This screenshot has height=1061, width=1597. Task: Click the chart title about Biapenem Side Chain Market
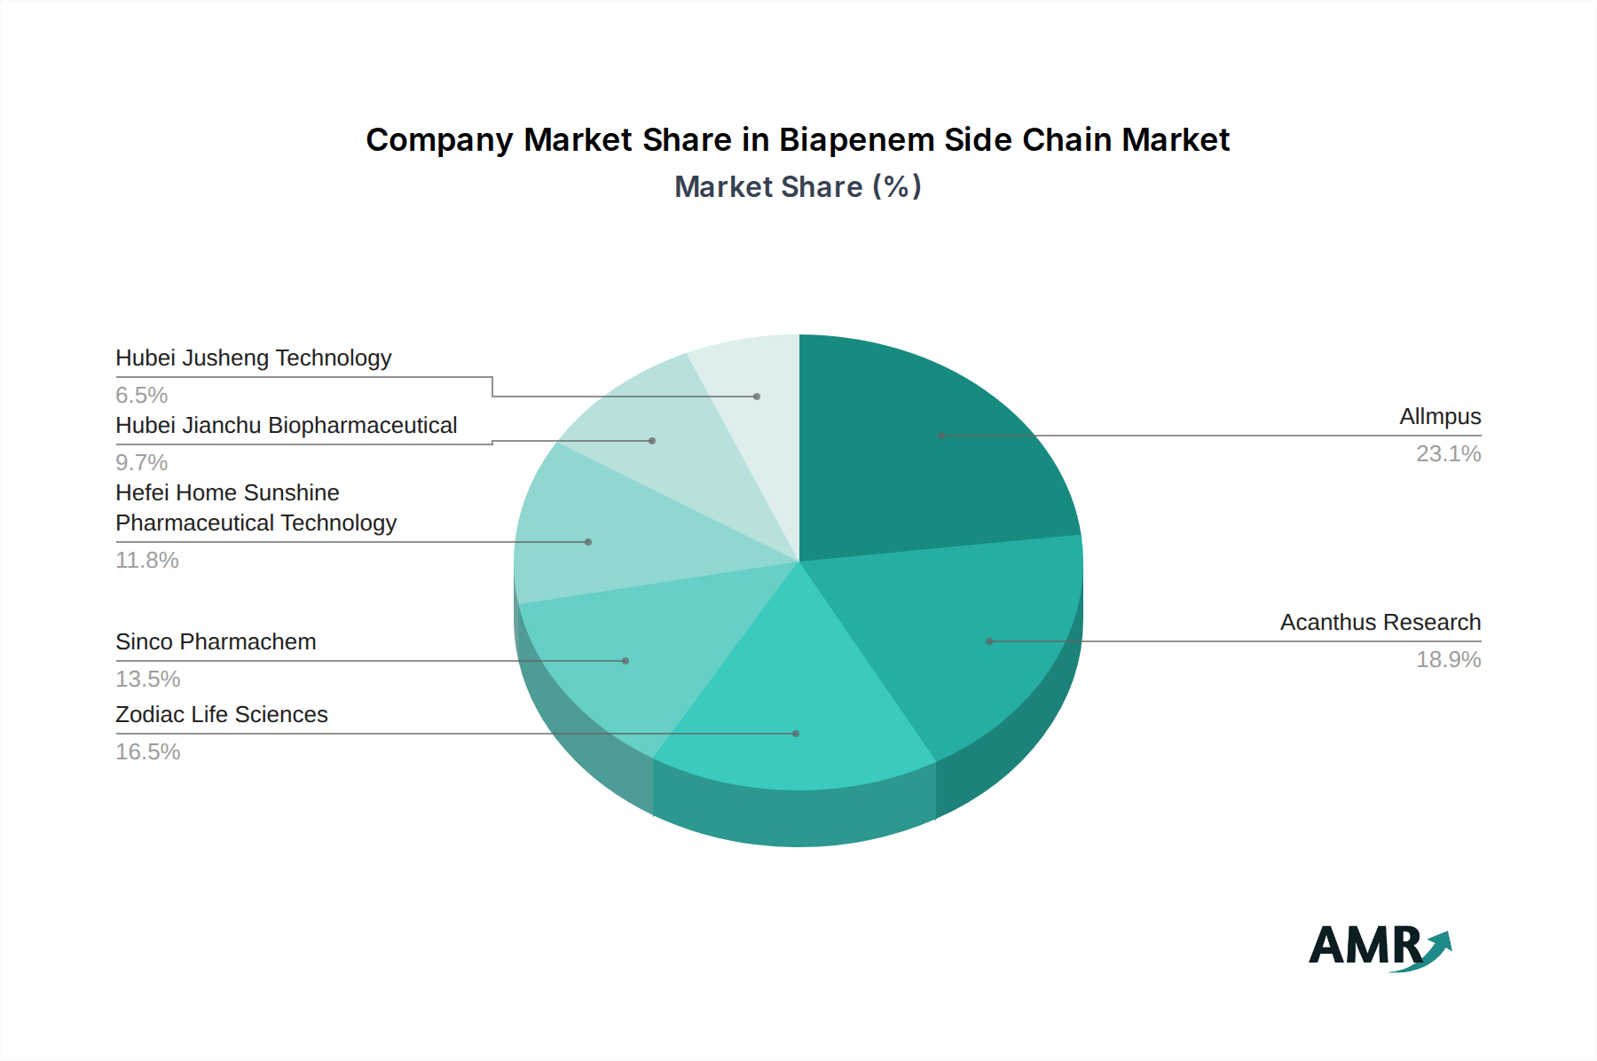pos(797,140)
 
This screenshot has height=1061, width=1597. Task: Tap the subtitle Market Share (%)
pos(797,187)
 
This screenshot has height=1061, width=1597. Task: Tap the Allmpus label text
pos(1439,417)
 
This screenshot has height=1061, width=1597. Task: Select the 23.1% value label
pos(1448,454)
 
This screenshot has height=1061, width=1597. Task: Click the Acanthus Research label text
pos(1380,623)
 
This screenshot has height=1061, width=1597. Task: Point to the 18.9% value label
pos(1448,660)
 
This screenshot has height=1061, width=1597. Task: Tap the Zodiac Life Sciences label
pos(222,715)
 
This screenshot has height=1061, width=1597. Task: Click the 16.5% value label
pos(148,752)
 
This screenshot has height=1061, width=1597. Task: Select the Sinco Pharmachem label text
pos(216,642)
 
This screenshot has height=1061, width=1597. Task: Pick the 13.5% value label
pos(148,680)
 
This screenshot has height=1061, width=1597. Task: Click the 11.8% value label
pos(147,561)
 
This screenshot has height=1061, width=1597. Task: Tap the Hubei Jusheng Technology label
pos(253,358)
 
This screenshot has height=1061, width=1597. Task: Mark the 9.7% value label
pos(142,463)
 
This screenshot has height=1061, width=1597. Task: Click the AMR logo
pos(1380,947)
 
